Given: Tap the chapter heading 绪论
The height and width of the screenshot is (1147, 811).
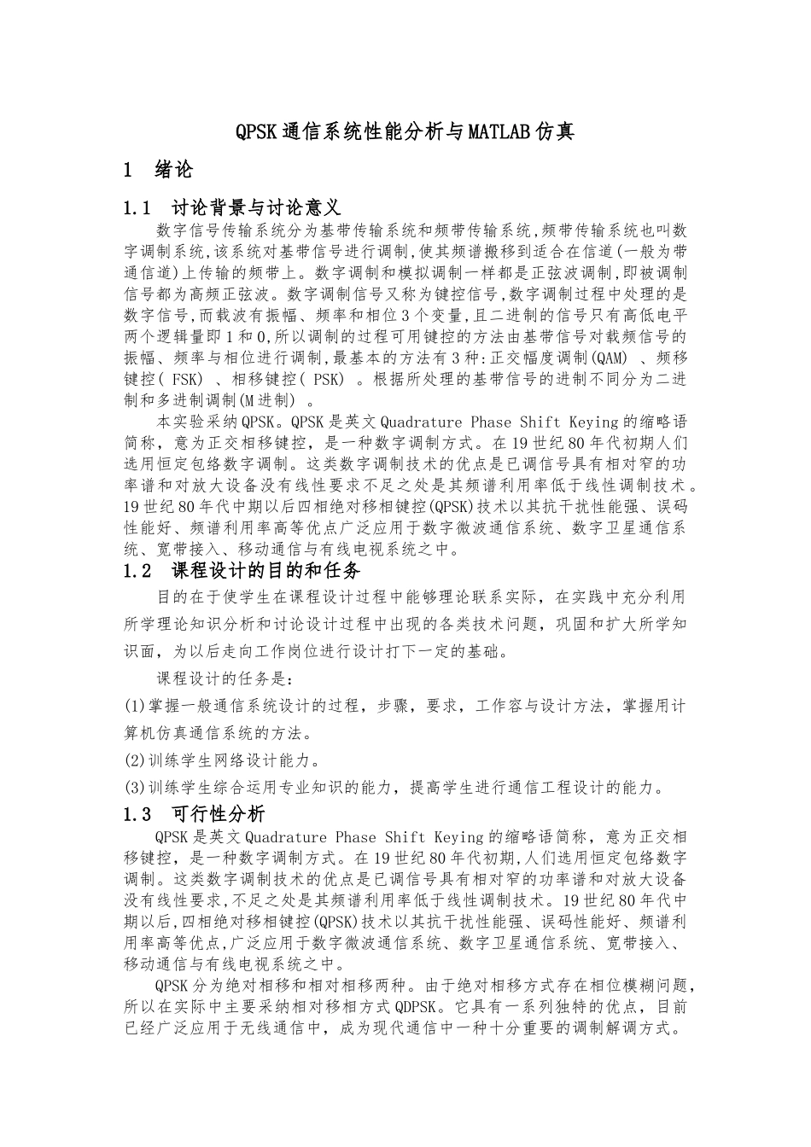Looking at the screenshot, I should pyautogui.click(x=173, y=170).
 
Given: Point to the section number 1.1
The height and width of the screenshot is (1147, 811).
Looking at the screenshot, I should pyautogui.click(x=137, y=208).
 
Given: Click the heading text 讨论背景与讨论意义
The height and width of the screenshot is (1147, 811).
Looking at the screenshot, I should pyautogui.click(x=256, y=208).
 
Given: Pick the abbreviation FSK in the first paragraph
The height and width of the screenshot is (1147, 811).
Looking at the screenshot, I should pyautogui.click(x=188, y=379).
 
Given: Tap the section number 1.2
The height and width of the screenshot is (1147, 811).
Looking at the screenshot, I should pyautogui.click(x=137, y=570).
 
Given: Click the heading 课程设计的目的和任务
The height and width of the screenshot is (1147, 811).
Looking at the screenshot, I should pyautogui.click(x=266, y=570).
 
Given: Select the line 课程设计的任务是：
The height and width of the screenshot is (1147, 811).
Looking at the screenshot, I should pyautogui.click(x=225, y=679).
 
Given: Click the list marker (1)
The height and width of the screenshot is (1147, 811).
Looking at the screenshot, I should pyautogui.click(x=135, y=707).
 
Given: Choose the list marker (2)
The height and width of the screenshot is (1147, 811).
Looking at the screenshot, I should pyautogui.click(x=135, y=760).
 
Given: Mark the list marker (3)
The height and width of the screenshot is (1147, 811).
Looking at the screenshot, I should pyautogui.click(x=135, y=787).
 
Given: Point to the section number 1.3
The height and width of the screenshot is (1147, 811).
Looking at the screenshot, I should pyautogui.click(x=137, y=814).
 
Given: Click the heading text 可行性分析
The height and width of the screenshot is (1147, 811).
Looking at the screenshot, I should pyautogui.click(x=219, y=814).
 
